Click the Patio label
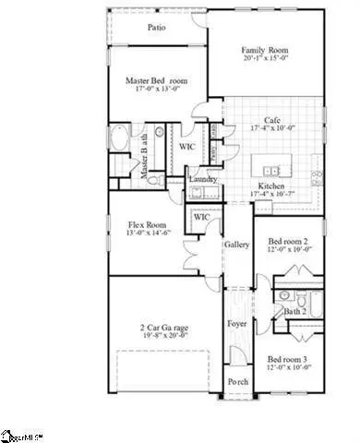157,28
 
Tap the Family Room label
266,50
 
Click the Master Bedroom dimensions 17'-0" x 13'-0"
156,91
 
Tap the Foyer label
237,325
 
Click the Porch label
237,382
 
